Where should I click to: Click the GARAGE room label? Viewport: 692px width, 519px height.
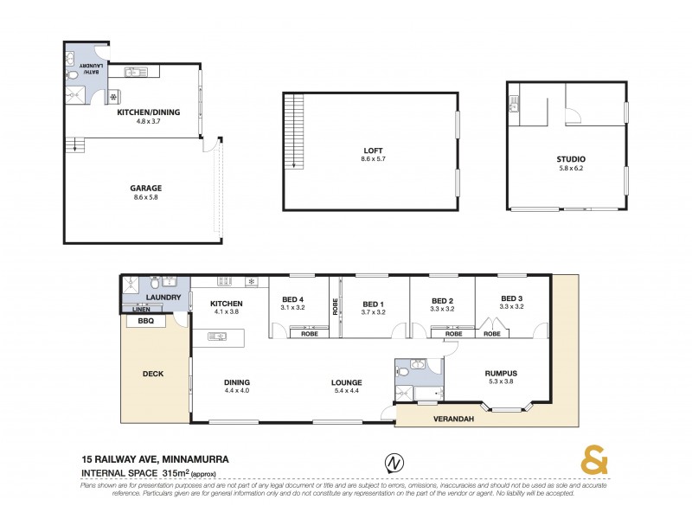tap(146, 187)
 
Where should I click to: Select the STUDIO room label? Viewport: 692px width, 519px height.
tap(571, 160)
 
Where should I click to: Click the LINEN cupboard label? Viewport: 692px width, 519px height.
tap(141, 309)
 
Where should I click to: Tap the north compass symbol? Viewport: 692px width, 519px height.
tap(394, 464)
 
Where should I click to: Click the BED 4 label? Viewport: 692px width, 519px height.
tap(293, 299)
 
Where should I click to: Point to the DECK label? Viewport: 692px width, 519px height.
tap(153, 375)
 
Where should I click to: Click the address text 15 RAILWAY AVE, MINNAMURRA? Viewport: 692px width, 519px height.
tap(155, 459)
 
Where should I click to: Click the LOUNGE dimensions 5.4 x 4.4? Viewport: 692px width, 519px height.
tap(345, 391)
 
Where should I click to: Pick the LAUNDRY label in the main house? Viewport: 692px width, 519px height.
tap(164, 297)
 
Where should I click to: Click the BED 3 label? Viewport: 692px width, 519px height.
tap(512, 299)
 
